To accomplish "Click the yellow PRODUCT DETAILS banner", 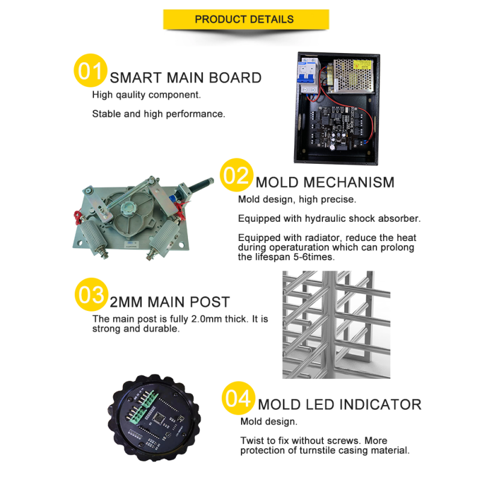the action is tap(246, 19).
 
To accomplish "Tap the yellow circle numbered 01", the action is tap(90, 70).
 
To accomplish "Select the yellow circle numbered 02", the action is tap(236, 175).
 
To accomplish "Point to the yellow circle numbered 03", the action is tap(92, 295).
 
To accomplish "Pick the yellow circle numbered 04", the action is tap(238, 398).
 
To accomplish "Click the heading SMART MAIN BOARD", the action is tap(186, 78).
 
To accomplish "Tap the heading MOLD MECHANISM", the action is tap(325, 183).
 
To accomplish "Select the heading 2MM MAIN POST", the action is tap(170, 302).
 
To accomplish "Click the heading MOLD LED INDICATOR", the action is tap(340, 404).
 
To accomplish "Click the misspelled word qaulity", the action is tap(131, 95).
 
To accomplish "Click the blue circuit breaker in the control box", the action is tap(308, 76).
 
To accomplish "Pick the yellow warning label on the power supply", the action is tap(362, 65).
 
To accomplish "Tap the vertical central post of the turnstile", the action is tap(329, 324).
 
